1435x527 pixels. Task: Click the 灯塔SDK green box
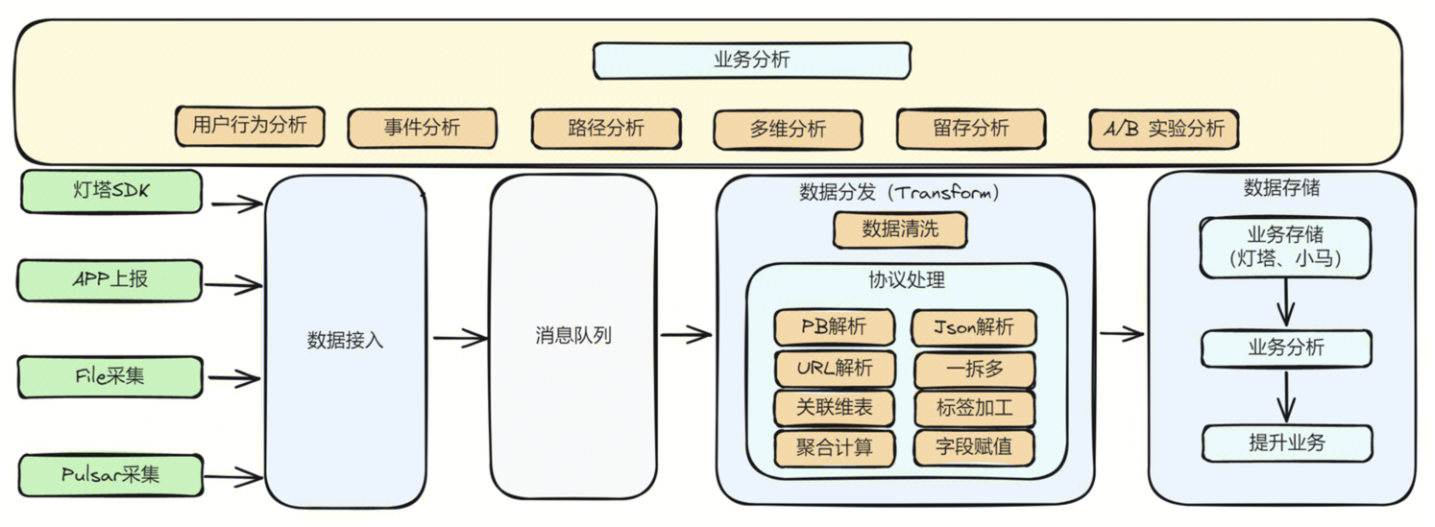(x=110, y=191)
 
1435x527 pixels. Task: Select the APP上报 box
(x=110, y=280)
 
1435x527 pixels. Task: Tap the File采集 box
(x=110, y=376)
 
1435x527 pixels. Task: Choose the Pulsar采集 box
(x=110, y=474)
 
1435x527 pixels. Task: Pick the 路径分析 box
(x=606, y=129)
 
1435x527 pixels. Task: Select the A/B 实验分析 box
(x=1163, y=129)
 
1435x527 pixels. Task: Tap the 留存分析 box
(x=970, y=129)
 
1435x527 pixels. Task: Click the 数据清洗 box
(x=900, y=229)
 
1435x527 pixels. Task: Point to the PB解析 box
(x=834, y=327)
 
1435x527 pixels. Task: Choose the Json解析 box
(x=974, y=327)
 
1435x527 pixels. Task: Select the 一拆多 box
(x=974, y=368)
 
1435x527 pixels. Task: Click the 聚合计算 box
(x=834, y=447)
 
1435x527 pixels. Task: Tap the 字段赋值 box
(x=974, y=447)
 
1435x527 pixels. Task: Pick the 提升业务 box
(x=1286, y=443)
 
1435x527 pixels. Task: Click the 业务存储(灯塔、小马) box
(x=1285, y=247)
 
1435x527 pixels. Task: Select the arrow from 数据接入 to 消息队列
(x=460, y=338)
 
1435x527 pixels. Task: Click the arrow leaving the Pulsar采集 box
(x=234, y=475)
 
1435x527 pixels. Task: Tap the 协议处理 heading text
(x=907, y=280)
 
